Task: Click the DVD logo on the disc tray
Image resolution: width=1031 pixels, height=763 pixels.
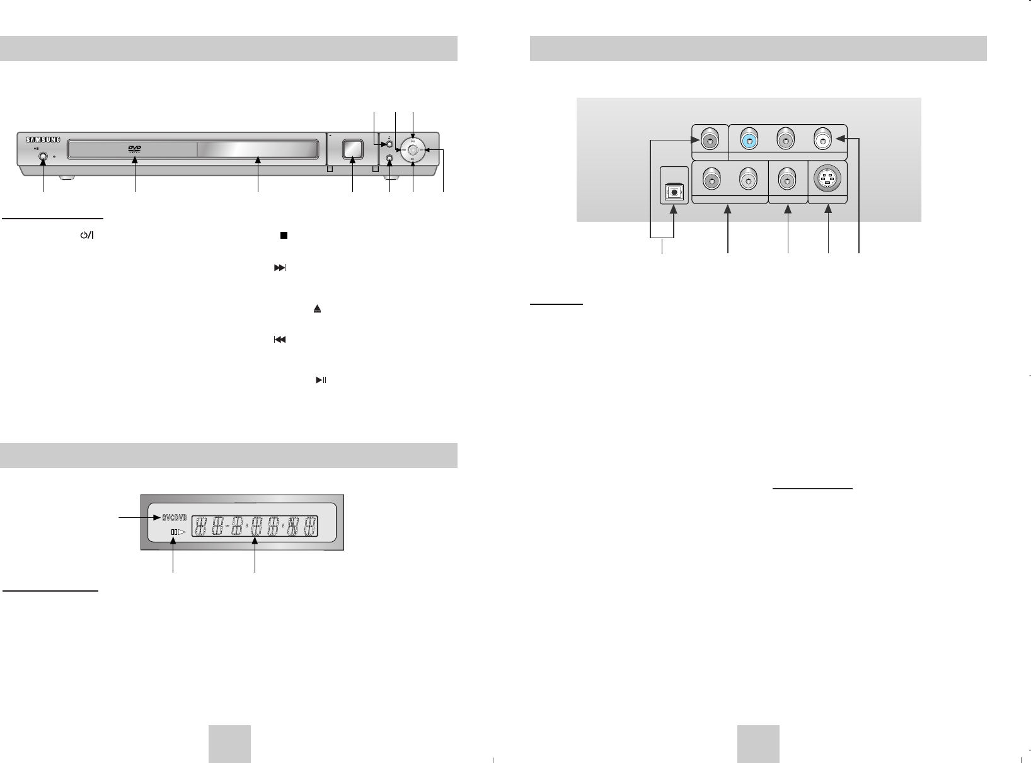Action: (x=134, y=149)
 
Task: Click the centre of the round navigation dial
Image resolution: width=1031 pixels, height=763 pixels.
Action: (x=412, y=150)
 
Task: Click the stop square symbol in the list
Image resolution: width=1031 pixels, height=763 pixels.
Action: (x=284, y=235)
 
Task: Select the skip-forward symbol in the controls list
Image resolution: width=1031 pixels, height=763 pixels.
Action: (x=279, y=268)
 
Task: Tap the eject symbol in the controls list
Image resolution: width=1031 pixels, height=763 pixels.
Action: (x=318, y=309)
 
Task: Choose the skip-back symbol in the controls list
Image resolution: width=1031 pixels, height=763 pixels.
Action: (x=279, y=340)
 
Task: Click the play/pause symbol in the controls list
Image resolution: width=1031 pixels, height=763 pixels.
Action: (x=321, y=381)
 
